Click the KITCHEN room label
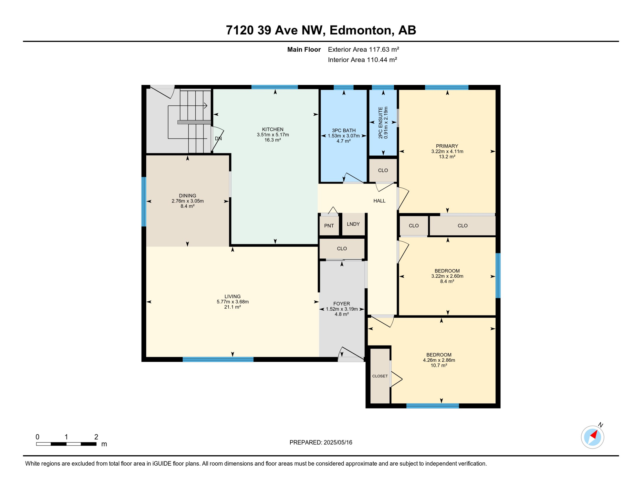pyautogui.click(x=273, y=129)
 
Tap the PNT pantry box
pyautogui.click(x=329, y=226)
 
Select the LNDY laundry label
pyautogui.click(x=353, y=224)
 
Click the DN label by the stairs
pyautogui.click(x=218, y=139)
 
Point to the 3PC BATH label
pyautogui.click(x=344, y=130)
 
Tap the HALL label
pyautogui.click(x=379, y=201)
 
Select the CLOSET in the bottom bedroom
pyautogui.click(x=380, y=376)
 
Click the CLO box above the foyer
pyautogui.click(x=342, y=249)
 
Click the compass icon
pyautogui.click(x=592, y=437)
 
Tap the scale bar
pyautogui.click(x=66, y=444)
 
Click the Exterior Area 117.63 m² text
pyautogui.click(x=363, y=49)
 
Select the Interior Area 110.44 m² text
pyautogui.click(x=362, y=60)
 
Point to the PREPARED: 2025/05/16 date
pyautogui.click(x=321, y=442)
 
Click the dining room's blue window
pyautogui.click(x=144, y=202)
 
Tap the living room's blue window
pyautogui.click(x=218, y=359)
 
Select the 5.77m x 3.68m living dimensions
pyautogui.click(x=233, y=302)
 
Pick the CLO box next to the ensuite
pyautogui.click(x=383, y=170)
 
